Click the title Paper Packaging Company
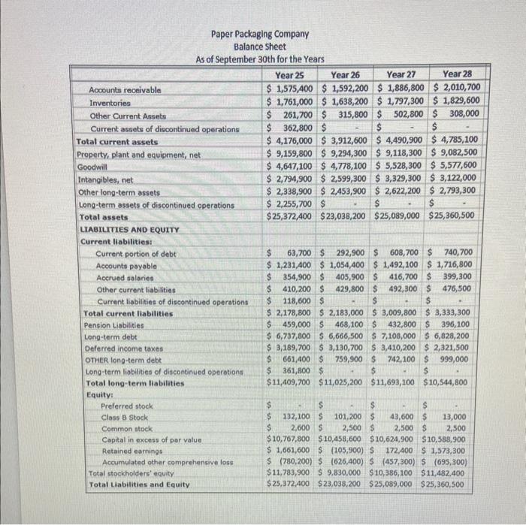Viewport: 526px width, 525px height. click(260, 34)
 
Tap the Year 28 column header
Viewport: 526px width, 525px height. click(457, 74)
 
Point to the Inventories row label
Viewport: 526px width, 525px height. click(110, 102)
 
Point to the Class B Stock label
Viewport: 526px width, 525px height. click(125, 417)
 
